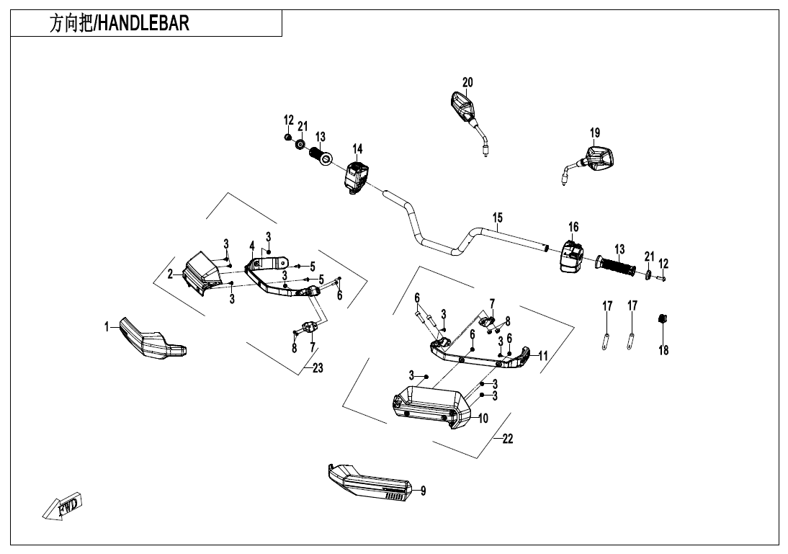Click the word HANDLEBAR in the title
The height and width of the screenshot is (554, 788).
[x=143, y=24]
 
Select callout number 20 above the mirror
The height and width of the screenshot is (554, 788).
[x=467, y=82]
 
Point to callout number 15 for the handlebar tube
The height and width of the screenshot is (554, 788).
[x=498, y=218]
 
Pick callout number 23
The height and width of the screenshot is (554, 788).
[x=317, y=367]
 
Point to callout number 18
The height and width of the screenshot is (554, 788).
[x=663, y=350]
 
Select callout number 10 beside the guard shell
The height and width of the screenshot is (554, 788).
[x=482, y=418]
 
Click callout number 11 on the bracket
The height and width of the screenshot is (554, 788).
[x=542, y=355]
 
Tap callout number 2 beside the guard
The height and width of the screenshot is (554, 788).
[x=171, y=273]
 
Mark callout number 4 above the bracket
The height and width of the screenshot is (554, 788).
[x=251, y=245]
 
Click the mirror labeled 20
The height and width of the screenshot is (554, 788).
[x=460, y=107]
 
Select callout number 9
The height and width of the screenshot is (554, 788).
[x=423, y=491]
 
